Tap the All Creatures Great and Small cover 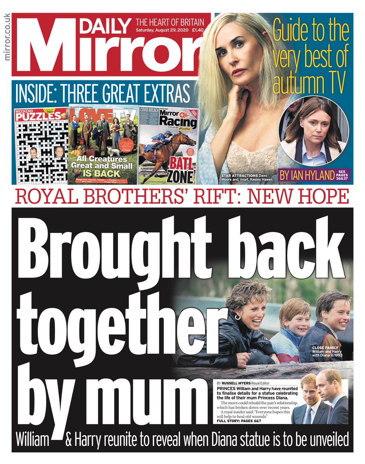[103, 143]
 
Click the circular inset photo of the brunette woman [314, 127]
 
